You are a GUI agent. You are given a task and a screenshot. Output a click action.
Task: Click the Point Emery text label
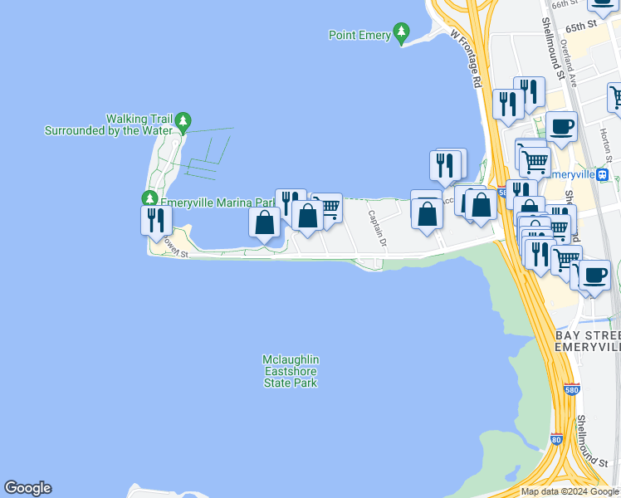coord(360,36)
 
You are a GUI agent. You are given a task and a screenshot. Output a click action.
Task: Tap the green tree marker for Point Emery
coord(402,34)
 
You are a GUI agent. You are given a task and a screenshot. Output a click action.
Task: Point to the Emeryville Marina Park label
coord(218,203)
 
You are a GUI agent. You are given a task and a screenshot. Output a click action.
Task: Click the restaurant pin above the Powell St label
coord(156,221)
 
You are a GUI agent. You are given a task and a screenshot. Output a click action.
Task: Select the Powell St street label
coord(175,246)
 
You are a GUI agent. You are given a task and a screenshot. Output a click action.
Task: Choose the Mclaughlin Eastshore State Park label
coord(291,371)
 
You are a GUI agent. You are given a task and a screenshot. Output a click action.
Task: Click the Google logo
coord(27,488)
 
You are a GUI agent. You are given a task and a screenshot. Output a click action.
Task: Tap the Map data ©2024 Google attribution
coord(570,491)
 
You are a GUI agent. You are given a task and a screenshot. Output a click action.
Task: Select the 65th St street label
coord(581,26)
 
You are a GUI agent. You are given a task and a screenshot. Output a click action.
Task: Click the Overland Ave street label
coord(569,62)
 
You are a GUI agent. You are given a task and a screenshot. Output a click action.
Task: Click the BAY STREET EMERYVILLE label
coord(588,339)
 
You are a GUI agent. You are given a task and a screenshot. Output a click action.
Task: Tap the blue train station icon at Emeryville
coord(604,175)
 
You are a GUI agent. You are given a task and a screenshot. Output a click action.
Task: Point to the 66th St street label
coord(565,4)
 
